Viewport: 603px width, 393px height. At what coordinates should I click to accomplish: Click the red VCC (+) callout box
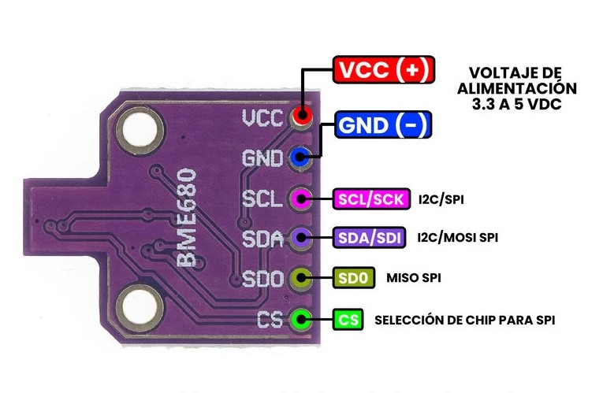[x=383, y=70]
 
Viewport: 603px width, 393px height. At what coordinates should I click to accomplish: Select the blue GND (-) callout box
[x=383, y=125]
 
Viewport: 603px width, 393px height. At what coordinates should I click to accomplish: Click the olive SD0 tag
[x=352, y=277]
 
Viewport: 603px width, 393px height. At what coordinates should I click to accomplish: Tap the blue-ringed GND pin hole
[x=300, y=158]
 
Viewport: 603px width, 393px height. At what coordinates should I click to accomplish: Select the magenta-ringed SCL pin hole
[x=300, y=197]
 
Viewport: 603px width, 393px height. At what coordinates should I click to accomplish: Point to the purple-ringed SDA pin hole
[x=300, y=237]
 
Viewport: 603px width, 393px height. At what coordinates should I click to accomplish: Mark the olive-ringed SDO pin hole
[x=300, y=278]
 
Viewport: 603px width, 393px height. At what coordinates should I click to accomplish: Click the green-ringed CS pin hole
[x=300, y=320]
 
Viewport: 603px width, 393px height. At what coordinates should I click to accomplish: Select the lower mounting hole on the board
[x=140, y=307]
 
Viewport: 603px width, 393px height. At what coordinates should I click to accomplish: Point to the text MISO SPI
[x=414, y=278]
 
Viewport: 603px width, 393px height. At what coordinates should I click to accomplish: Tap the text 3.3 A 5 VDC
[x=517, y=103]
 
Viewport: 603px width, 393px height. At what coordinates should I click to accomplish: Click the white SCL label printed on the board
[x=262, y=198]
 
